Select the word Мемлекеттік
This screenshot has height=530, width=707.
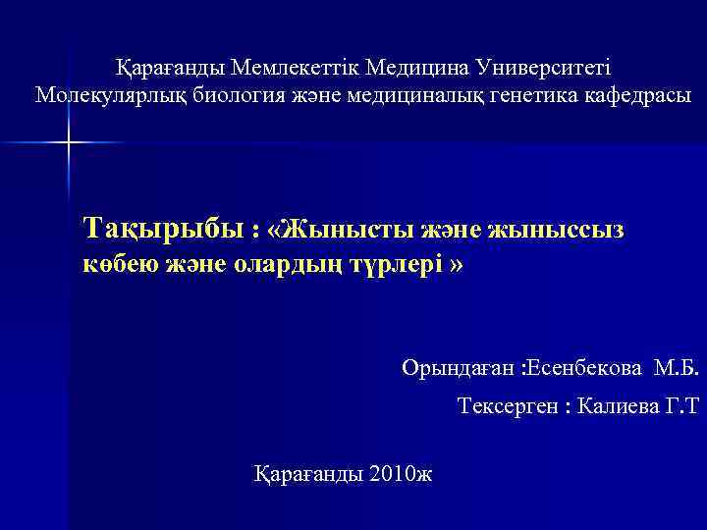click(x=296, y=68)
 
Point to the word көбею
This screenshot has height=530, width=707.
click(x=116, y=265)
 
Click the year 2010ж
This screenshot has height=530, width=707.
click(x=404, y=474)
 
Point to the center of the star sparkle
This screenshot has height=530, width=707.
click(x=69, y=143)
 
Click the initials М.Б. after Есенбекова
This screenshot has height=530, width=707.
click(x=677, y=368)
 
